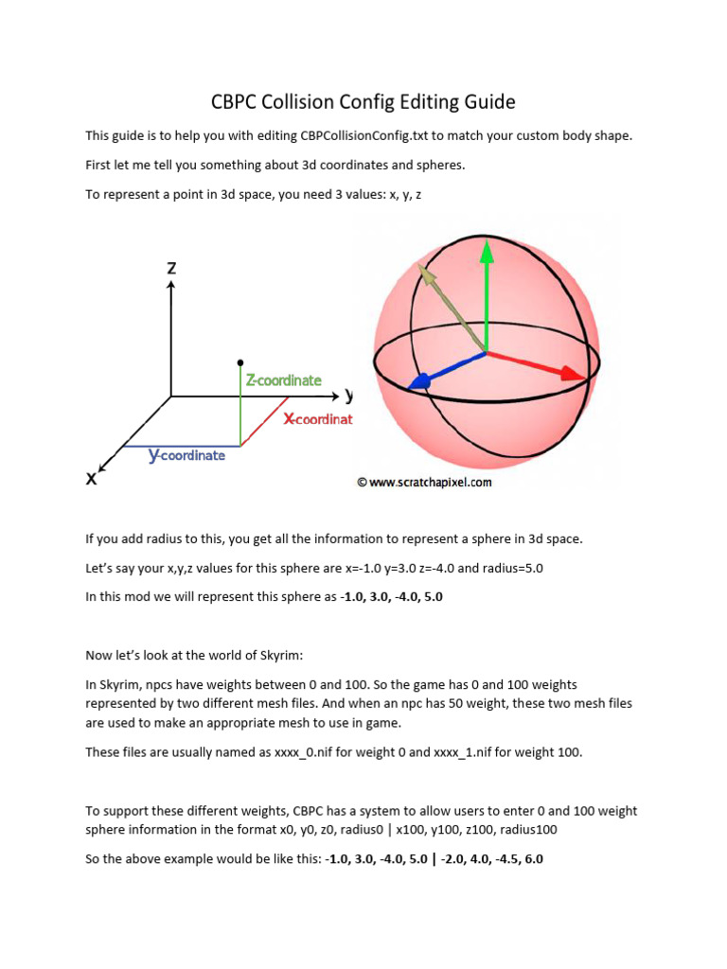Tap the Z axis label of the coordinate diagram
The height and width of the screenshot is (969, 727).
coord(171,268)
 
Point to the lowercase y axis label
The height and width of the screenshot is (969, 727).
coord(349,394)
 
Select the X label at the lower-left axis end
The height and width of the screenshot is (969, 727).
coord(92,478)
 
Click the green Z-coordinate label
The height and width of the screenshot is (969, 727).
coord(283,380)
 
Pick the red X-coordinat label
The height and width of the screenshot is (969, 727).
coord(318,418)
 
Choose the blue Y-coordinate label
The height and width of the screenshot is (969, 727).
coord(186,455)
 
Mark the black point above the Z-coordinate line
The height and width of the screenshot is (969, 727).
coord(240,361)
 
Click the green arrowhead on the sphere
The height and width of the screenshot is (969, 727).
coord(487,251)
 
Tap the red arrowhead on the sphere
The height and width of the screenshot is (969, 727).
coord(574,373)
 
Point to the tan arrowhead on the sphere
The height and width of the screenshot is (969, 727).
coord(427,275)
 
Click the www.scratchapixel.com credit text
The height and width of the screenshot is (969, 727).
coord(424,482)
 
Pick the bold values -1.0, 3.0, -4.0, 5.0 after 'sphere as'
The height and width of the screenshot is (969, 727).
coord(391,597)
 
